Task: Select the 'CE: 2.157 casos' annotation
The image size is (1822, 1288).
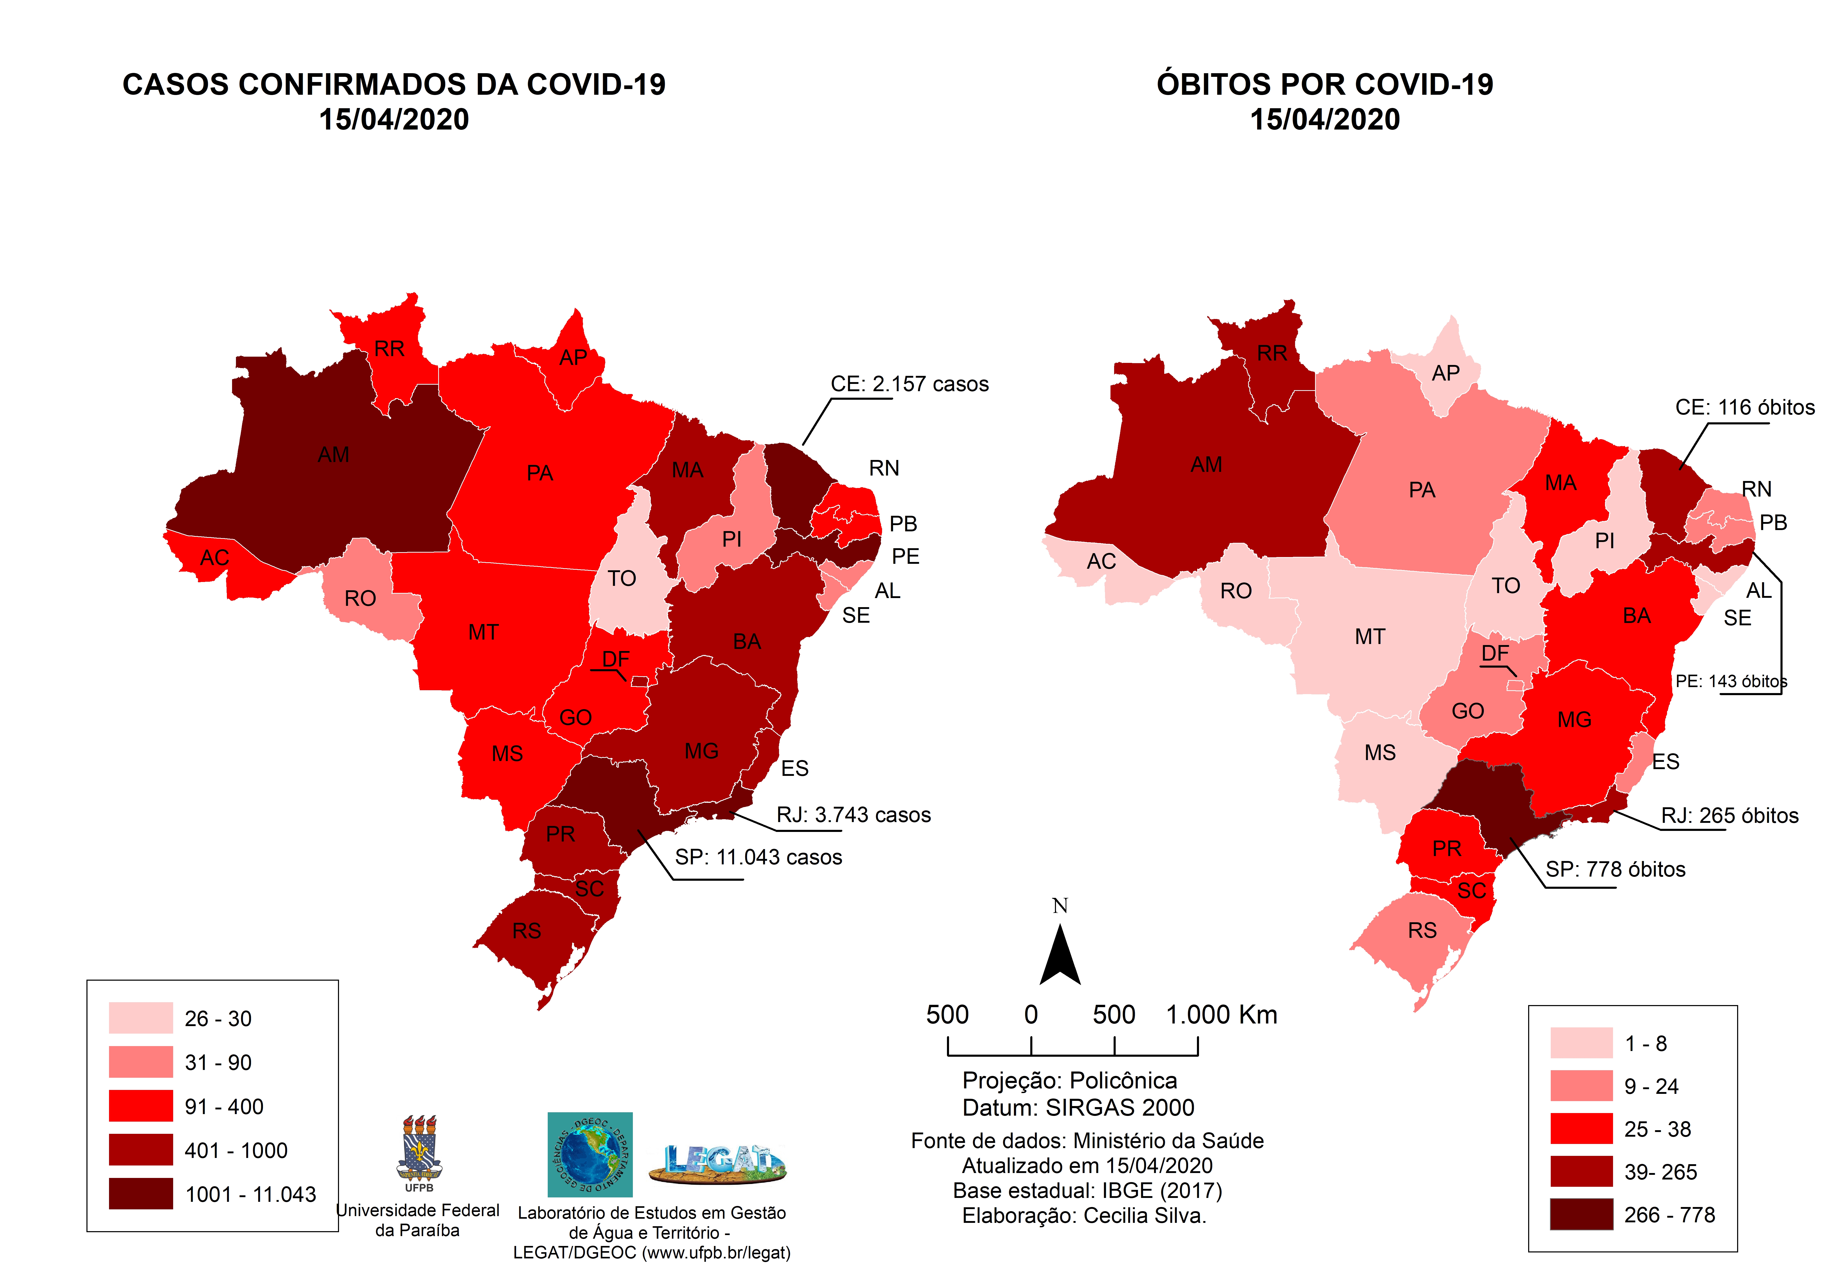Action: pyautogui.click(x=909, y=384)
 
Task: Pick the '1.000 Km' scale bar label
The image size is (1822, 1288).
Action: pyautogui.click(x=1221, y=1015)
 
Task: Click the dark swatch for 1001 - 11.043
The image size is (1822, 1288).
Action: pyautogui.click(x=140, y=1194)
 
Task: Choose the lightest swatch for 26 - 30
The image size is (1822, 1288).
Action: pyautogui.click(x=140, y=1017)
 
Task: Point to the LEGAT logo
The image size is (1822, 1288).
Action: pyautogui.click(x=717, y=1163)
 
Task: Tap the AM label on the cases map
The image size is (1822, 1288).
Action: pyautogui.click(x=333, y=455)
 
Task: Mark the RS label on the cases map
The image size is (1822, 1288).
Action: pyautogui.click(x=526, y=931)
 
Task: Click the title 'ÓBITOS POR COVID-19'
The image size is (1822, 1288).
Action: pyautogui.click(x=1324, y=84)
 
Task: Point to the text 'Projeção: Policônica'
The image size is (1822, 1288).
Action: pyautogui.click(x=1069, y=1081)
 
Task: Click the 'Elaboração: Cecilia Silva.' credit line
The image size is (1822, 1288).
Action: pyautogui.click(x=1084, y=1216)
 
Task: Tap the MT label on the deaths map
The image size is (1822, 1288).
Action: pyautogui.click(x=1370, y=636)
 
